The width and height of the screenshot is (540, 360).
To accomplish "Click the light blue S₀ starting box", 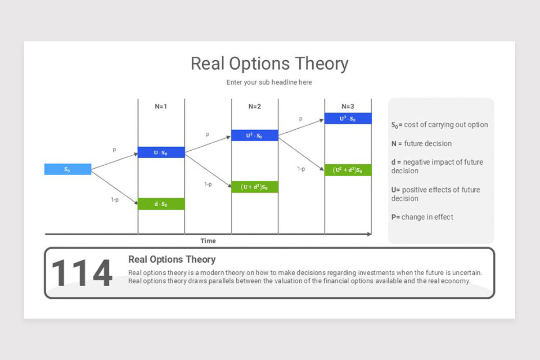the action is click(x=68, y=169).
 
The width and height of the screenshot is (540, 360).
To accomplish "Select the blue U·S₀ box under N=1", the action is click(x=161, y=152).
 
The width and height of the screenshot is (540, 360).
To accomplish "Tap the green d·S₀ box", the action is click(x=161, y=204).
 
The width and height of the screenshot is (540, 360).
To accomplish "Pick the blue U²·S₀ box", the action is click(x=255, y=135).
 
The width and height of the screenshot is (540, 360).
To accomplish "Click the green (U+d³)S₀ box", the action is click(x=255, y=187).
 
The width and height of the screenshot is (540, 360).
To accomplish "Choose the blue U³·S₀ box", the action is click(x=348, y=118).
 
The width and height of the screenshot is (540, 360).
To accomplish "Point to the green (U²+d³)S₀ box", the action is click(x=348, y=170).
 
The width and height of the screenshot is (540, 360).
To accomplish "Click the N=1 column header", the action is click(x=161, y=106).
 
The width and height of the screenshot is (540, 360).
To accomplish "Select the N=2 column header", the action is click(x=255, y=106).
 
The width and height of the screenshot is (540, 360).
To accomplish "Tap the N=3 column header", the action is click(x=348, y=106).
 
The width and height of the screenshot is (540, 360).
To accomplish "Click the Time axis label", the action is click(x=208, y=241).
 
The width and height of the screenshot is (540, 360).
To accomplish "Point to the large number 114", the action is click(x=82, y=273).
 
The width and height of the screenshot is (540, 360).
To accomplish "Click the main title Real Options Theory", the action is click(x=270, y=63).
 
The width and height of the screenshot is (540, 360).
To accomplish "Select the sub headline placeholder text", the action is click(x=269, y=82).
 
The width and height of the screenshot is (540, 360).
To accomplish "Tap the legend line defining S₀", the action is click(x=440, y=125).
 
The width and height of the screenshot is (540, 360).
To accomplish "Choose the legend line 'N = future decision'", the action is click(x=421, y=144).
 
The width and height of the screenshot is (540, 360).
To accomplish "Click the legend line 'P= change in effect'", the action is click(x=422, y=217).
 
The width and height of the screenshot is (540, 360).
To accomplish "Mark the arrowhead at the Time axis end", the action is click(x=369, y=234).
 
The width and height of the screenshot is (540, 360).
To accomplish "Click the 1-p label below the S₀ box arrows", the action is click(x=115, y=200).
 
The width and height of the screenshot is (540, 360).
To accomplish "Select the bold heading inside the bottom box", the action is click(x=172, y=260).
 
